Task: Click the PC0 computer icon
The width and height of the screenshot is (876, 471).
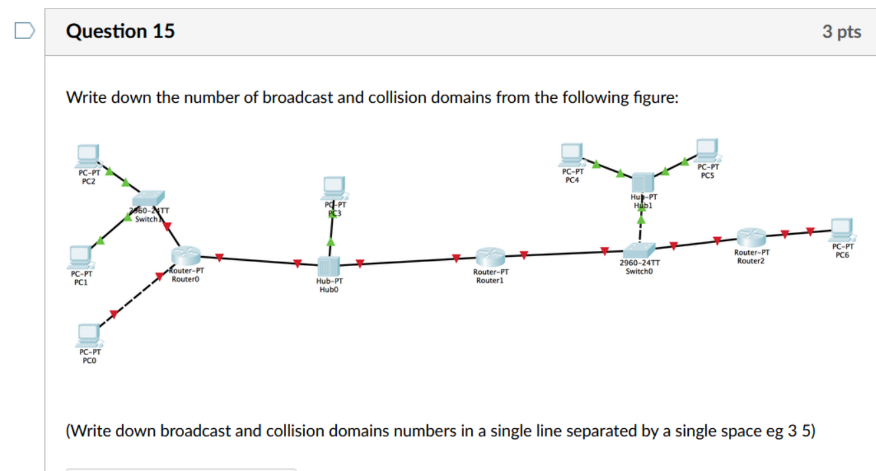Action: tap(88, 335)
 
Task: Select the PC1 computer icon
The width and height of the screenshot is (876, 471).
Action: tap(81, 256)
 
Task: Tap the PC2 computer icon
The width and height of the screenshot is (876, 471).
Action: tap(88, 156)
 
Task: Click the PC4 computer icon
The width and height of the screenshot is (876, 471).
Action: tap(571, 155)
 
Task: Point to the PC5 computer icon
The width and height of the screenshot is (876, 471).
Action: tap(707, 151)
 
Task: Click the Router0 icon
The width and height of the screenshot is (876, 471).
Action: tap(185, 256)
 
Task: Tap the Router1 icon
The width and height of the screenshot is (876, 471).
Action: tap(489, 258)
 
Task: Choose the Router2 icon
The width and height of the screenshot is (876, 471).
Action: tap(751, 237)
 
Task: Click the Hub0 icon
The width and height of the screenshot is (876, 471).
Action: tap(328, 266)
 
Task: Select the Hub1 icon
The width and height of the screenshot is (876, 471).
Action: tap(643, 182)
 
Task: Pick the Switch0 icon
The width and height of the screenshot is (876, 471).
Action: tap(639, 250)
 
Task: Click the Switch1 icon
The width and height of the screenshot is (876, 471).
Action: tap(147, 200)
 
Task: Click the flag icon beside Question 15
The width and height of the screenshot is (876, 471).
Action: tap(24, 31)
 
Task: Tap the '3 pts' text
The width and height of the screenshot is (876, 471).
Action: tap(841, 32)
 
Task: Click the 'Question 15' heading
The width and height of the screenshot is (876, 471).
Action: tap(121, 31)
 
